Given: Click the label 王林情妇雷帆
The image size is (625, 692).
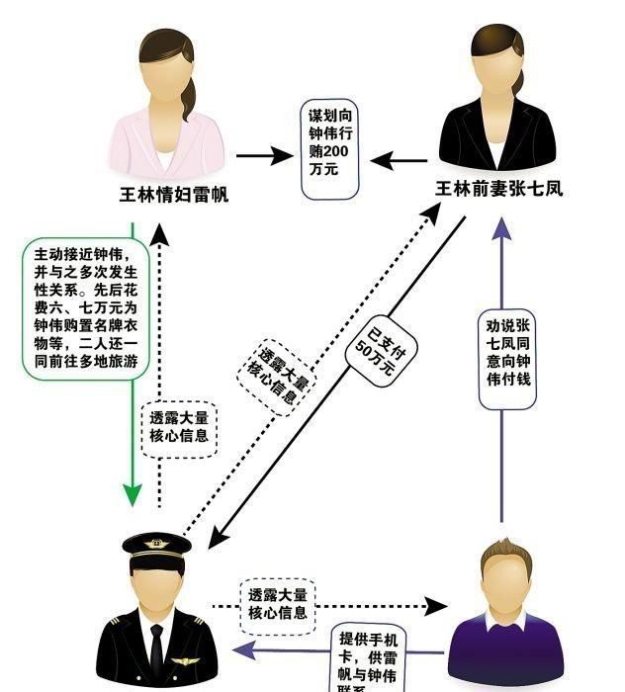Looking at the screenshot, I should [173, 195].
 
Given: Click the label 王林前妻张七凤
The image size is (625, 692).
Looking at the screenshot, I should [498, 188].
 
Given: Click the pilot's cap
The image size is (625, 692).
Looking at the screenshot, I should [156, 546].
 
